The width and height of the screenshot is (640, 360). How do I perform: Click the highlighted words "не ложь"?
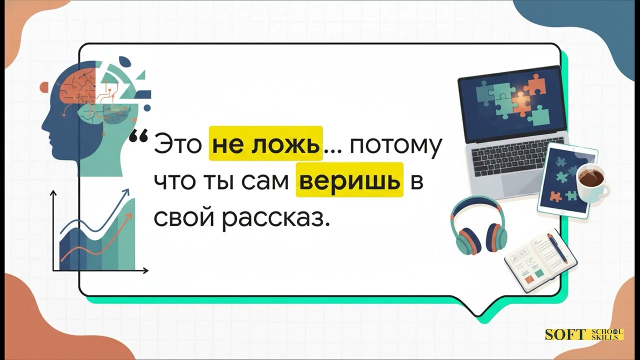point(265,144)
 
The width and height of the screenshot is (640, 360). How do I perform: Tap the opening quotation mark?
point(138,136)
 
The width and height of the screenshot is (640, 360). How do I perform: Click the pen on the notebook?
point(557,247)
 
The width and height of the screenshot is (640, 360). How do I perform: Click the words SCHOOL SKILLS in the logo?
point(606,334)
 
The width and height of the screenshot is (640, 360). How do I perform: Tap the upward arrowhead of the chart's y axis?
point(53,192)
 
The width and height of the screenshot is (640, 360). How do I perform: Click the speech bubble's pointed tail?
point(479,313)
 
